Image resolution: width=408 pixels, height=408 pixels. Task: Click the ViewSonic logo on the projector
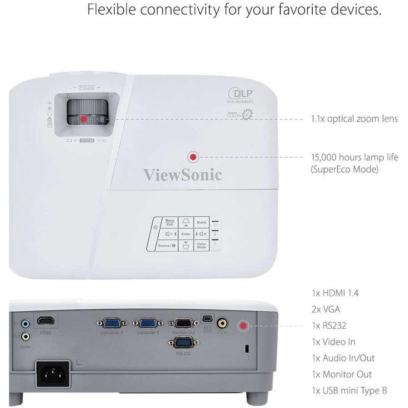[x=183, y=175]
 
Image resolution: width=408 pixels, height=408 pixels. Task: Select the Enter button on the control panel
[x=185, y=234]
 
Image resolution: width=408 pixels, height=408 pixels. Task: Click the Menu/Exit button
[x=170, y=222]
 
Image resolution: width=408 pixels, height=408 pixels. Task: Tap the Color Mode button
[x=201, y=246]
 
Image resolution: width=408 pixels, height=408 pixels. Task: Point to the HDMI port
[x=45, y=321]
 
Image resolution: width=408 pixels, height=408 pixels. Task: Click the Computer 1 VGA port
[x=109, y=323]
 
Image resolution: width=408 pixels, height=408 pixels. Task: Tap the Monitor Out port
[x=184, y=323]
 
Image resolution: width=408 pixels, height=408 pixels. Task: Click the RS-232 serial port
[x=184, y=343]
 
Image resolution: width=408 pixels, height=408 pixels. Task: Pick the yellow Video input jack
[x=222, y=323]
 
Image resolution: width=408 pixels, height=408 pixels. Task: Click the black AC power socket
[x=53, y=374]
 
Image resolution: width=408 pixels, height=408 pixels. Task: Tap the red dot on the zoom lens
[x=83, y=119]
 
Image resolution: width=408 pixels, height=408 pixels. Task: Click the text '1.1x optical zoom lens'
[x=355, y=119]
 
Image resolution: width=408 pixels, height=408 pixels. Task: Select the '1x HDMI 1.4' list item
[x=336, y=293]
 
